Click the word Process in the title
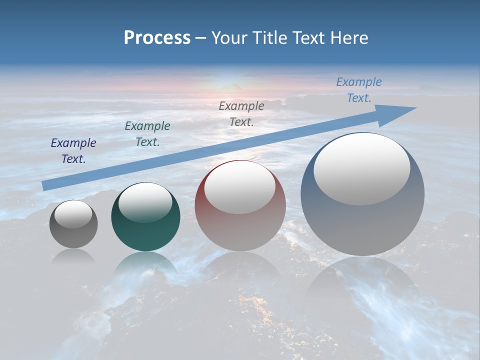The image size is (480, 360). tap(157, 38)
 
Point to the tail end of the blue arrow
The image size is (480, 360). tap(45, 185)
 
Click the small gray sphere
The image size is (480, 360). tap(73, 235)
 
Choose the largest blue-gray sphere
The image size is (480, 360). tap(362, 225)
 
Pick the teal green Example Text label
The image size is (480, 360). tap(147, 134)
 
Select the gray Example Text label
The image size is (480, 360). tap(241, 113)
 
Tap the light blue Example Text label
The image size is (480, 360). tap(359, 90)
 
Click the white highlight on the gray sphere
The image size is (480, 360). tap(73, 214)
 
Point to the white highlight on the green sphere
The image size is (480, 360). tap(145, 202)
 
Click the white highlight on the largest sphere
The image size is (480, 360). tap(361, 168)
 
